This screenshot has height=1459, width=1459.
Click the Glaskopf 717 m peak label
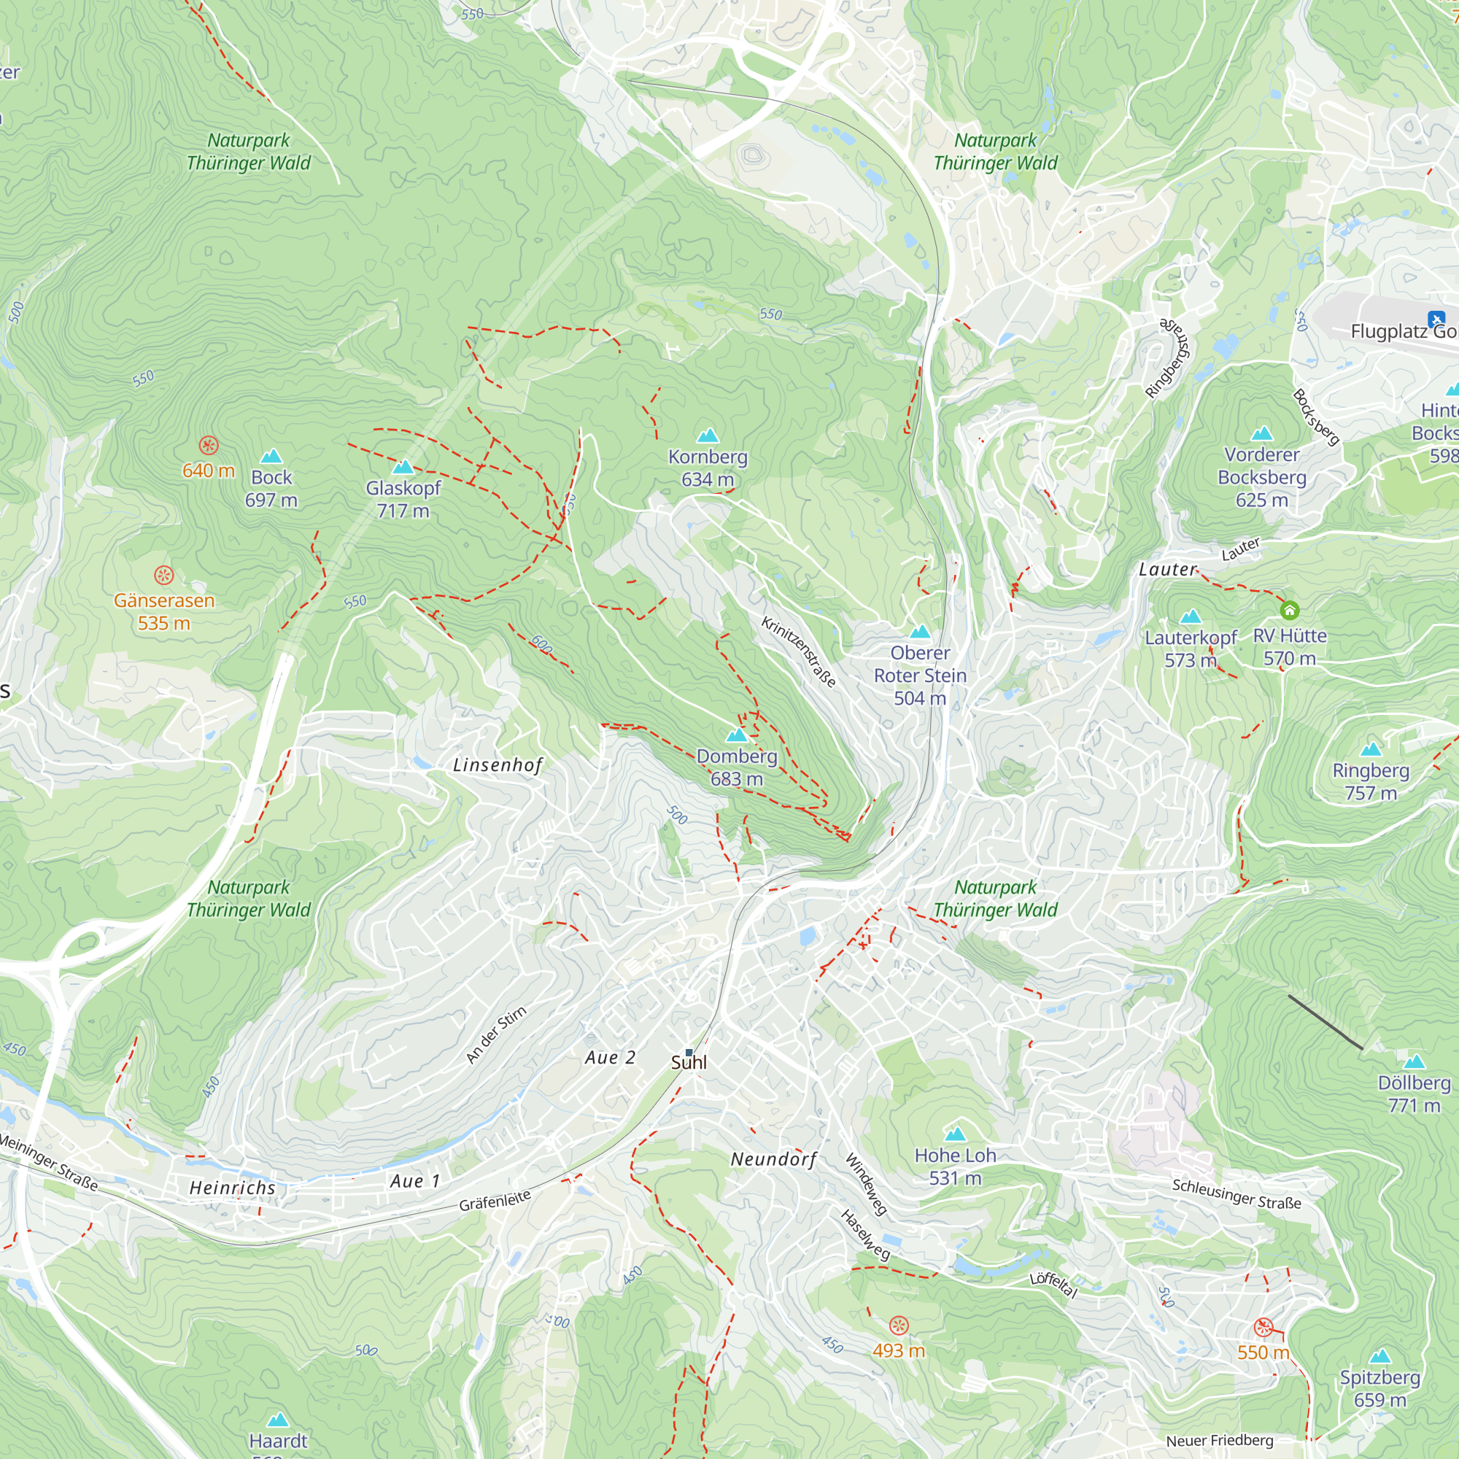[403, 499]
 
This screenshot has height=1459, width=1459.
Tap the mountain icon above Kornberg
[707, 436]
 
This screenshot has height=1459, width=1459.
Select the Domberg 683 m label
[736, 767]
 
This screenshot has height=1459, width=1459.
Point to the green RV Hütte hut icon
[1289, 609]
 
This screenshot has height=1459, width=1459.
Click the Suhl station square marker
[689, 1052]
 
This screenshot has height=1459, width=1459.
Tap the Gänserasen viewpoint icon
[164, 576]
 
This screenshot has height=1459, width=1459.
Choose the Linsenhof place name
[498, 765]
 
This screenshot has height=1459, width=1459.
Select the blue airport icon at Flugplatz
[1436, 319]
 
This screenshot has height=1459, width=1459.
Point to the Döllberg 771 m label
[1414, 1094]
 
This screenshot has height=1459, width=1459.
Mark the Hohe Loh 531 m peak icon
[956, 1134]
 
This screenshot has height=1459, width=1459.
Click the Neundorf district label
[773, 1159]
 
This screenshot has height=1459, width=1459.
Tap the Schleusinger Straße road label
[1237, 1194]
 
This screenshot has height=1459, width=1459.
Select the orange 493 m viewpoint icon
[898, 1326]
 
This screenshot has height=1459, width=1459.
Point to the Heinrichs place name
[232, 1188]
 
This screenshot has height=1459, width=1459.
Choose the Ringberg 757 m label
[1370, 781]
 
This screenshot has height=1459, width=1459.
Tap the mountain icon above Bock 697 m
[271, 456]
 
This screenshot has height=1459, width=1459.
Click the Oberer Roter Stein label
[919, 674]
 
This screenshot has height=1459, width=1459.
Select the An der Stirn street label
[496, 1034]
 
